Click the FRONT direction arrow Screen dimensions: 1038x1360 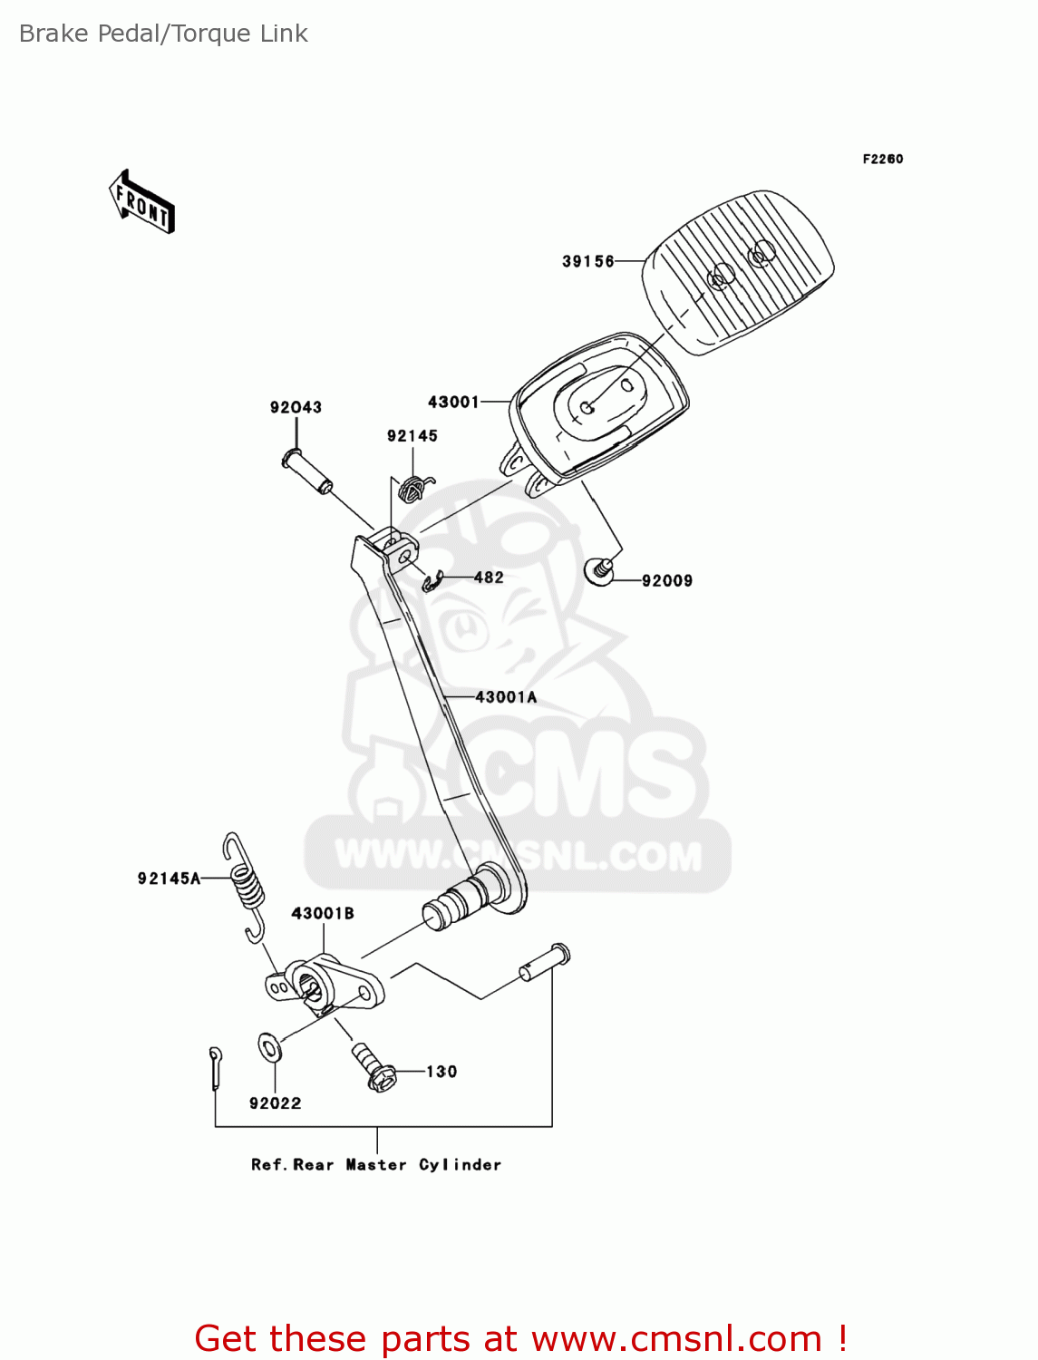[x=141, y=202]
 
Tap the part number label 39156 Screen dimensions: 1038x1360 [x=587, y=261]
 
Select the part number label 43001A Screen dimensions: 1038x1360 [x=506, y=697]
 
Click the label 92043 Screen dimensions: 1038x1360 [x=296, y=407]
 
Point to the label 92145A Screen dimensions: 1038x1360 [x=170, y=879]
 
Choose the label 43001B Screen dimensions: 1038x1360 [x=323, y=913]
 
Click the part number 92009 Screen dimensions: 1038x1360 [x=667, y=580]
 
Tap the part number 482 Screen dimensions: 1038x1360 [x=489, y=578]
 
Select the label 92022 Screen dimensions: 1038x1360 [x=275, y=1103]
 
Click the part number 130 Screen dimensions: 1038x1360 [x=441, y=1072]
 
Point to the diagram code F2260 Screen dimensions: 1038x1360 [x=883, y=160]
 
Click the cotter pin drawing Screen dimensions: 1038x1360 [x=215, y=1067]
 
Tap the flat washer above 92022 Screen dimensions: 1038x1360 [x=269, y=1047]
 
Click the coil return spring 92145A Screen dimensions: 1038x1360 [x=245, y=888]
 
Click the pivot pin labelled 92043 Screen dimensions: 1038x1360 [x=307, y=471]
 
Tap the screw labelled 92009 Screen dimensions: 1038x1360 [x=599, y=570]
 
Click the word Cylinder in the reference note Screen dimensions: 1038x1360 [x=461, y=1165]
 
